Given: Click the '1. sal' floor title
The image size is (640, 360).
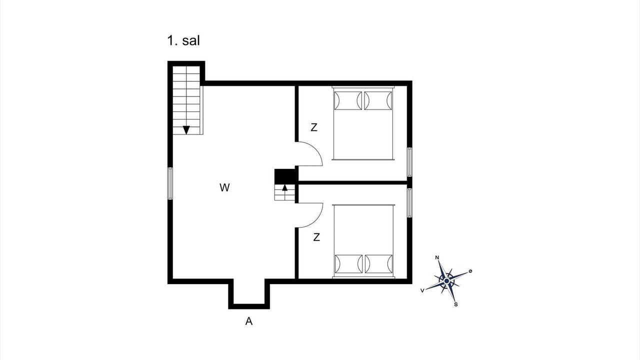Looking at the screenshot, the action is (183, 40).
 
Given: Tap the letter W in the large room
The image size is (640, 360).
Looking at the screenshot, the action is (224, 187).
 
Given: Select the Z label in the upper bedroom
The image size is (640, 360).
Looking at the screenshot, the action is (314, 127).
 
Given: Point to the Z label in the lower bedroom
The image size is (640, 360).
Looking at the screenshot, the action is (316, 237).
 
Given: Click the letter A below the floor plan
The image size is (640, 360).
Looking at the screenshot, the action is (249, 321).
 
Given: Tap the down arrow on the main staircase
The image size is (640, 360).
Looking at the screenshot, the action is (186, 130).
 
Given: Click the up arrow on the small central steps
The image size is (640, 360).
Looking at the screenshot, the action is (285, 187).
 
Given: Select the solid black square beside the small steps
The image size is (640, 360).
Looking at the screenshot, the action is (285, 176).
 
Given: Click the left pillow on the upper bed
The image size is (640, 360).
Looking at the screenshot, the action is (348, 100).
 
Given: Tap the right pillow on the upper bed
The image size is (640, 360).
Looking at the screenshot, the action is (378, 100).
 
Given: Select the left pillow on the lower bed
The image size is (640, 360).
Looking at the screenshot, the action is (348, 264).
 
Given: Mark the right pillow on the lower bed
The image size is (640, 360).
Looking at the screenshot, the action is (378, 264).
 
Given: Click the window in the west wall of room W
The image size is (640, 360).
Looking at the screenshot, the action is (170, 183).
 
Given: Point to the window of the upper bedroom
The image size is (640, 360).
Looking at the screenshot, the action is (409, 162).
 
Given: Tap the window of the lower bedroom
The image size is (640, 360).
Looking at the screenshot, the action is (409, 203).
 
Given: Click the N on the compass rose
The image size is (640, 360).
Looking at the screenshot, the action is (437, 257).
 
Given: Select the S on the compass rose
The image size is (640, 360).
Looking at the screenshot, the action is (455, 304).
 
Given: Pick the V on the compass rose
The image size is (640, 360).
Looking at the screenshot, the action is (422, 290).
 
